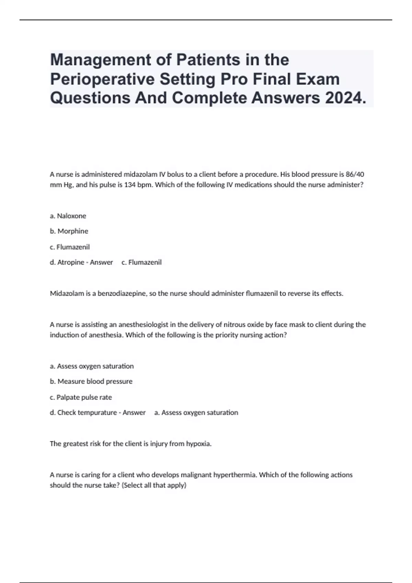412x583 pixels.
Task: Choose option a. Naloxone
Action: click(x=68, y=216)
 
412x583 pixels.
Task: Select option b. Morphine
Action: click(x=69, y=231)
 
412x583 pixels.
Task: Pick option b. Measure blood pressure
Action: click(x=91, y=381)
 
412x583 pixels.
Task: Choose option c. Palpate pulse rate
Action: click(x=81, y=397)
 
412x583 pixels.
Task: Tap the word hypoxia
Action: click(x=198, y=444)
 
